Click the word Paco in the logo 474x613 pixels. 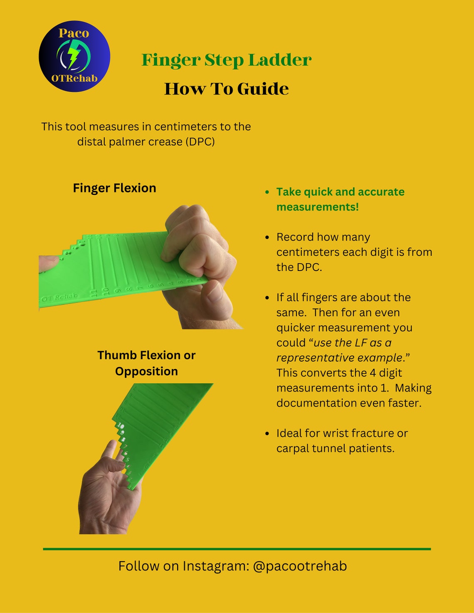tap(74, 33)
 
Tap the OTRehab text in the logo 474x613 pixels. tap(74, 78)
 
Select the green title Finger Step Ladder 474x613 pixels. tap(226, 60)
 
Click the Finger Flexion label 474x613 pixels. tap(114, 188)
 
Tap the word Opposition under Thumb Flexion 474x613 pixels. tap(146, 371)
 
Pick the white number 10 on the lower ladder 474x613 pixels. tap(121, 426)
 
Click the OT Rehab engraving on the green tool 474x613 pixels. tap(60, 297)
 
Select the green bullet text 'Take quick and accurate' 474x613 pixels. tap(340, 192)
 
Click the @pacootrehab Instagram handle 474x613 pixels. tap(299, 566)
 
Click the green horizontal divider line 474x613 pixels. tap(237, 549)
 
